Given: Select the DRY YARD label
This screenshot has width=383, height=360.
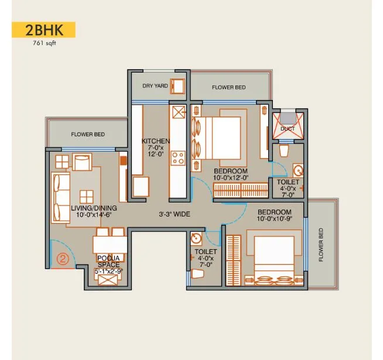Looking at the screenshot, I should click(155, 86).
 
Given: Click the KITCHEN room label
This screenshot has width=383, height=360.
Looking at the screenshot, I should click(156, 141).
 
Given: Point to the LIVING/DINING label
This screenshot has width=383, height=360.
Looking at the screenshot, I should click(94, 208).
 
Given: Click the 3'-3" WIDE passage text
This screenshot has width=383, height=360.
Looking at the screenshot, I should click(175, 215).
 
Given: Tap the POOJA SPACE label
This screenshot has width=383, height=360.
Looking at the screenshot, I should click(108, 261).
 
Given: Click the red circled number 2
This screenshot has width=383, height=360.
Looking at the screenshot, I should click(63, 256).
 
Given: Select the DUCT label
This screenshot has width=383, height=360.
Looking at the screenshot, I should click(288, 128).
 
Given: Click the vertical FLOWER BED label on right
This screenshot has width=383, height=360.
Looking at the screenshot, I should click(321, 245).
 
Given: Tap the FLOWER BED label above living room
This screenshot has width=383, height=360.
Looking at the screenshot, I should click(88, 135).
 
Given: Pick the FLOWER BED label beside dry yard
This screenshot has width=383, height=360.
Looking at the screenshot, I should click(229, 88).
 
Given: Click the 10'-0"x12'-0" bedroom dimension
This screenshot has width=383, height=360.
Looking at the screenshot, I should click(231, 177).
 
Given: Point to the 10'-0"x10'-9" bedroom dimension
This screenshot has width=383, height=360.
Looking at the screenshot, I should click(275, 219).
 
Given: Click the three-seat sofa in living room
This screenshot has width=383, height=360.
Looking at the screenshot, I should click(60, 194).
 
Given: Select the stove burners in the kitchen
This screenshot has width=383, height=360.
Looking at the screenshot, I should click(177, 158).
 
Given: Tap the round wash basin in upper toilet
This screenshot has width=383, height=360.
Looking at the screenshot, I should click(297, 172).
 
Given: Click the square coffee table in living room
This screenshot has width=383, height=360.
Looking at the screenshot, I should click(87, 196).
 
